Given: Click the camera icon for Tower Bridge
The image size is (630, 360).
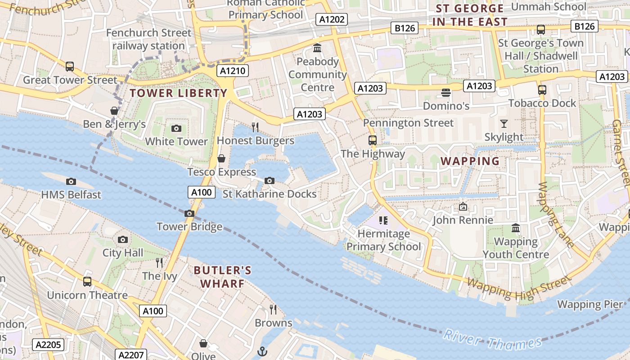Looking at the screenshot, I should point(189,213).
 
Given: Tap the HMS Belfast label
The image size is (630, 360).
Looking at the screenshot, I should point(71,195).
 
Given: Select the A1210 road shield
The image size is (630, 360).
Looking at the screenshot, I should point(233,71).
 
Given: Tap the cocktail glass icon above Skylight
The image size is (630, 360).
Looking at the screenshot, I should point(504,123).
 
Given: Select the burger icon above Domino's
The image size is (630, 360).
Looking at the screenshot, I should point(446,93).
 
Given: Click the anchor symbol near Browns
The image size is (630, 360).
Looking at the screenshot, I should point(262,351).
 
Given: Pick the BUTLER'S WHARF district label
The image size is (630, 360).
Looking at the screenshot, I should point(222,277).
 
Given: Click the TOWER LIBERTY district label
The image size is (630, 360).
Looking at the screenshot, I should point(179,93).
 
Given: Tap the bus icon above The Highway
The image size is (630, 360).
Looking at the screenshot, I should point(373,140).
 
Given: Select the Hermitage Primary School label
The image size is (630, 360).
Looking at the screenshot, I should point(384,240).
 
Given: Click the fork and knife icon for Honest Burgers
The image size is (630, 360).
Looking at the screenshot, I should point(255,127).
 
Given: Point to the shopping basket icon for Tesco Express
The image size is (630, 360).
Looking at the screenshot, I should point(221,158).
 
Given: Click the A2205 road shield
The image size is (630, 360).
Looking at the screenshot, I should point(48,345).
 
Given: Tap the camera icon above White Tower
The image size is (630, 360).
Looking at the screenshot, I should point(176,128).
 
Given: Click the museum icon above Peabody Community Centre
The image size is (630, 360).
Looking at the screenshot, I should point(317,48).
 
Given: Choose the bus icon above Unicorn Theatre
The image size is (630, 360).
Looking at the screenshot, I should point(87,282).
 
